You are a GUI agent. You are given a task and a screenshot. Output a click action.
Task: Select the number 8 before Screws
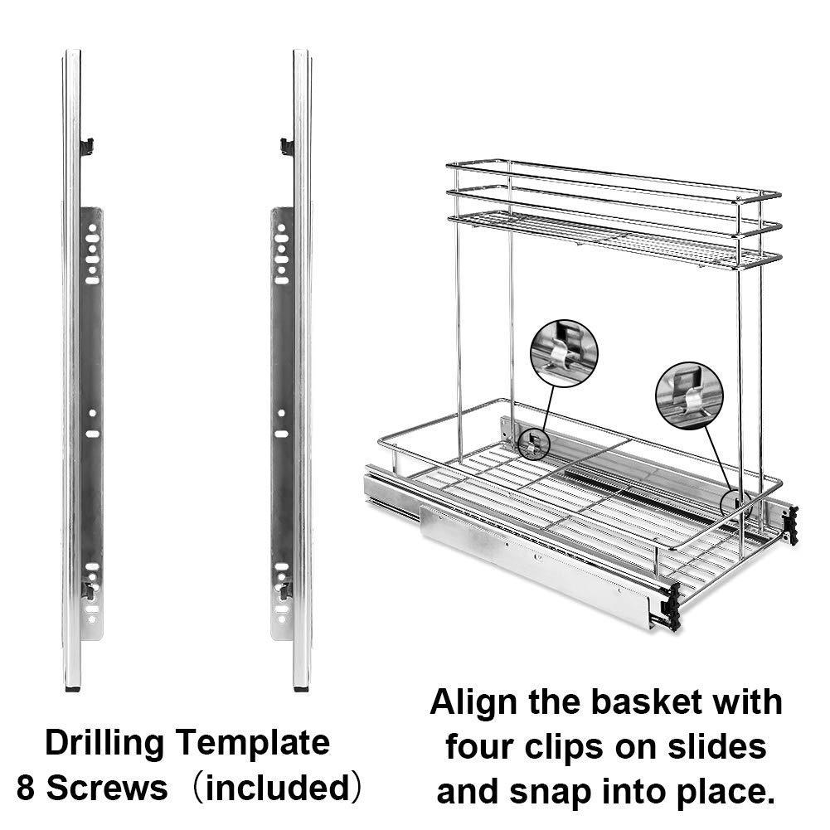[x=25, y=788]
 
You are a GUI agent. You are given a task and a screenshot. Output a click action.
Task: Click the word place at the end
[x=723, y=791]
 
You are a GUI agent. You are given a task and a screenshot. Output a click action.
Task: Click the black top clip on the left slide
[x=86, y=147]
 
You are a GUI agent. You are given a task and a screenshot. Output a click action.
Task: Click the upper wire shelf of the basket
[x=614, y=236]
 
